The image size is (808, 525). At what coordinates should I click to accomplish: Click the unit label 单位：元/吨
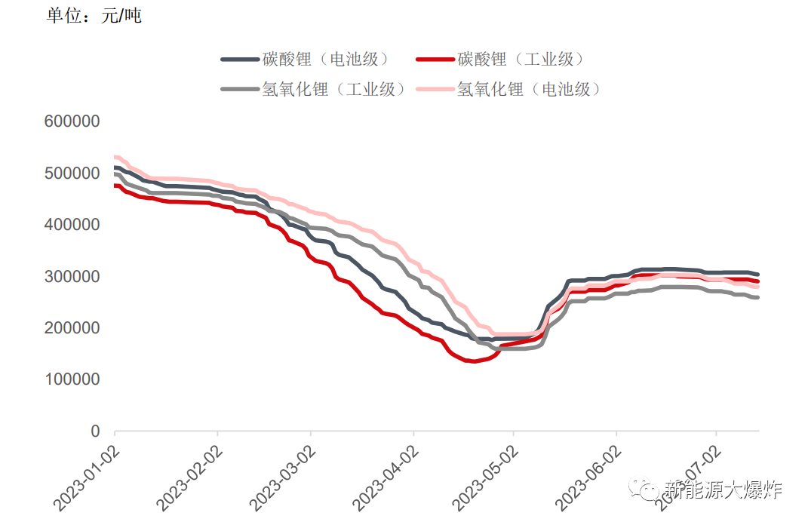[x=94, y=16]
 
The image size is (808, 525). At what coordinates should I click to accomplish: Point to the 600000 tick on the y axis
[x=72, y=121]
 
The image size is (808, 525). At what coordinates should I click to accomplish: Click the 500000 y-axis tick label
[x=72, y=173]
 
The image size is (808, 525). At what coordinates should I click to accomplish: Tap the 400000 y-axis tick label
[x=72, y=225]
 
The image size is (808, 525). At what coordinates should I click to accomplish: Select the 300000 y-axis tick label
[x=72, y=277]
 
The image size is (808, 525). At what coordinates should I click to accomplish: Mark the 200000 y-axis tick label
[x=72, y=328]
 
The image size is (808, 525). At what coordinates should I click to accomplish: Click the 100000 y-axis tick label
[x=72, y=379]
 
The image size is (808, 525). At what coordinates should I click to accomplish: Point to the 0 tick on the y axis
[x=95, y=431]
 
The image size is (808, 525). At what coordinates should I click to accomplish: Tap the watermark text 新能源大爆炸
[x=723, y=490]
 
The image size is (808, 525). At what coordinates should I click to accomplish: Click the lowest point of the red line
[x=473, y=361]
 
